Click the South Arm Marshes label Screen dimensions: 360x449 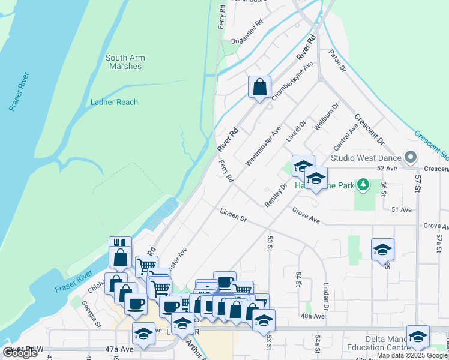125,62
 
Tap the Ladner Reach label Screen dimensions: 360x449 114,102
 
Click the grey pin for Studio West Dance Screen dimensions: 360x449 411,157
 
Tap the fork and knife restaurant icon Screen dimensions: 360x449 120,246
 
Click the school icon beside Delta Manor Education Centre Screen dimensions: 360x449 418,336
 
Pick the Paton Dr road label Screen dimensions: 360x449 337,62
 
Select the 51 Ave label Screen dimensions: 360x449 401,209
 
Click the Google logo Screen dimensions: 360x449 20,353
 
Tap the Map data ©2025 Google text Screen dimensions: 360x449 412,355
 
